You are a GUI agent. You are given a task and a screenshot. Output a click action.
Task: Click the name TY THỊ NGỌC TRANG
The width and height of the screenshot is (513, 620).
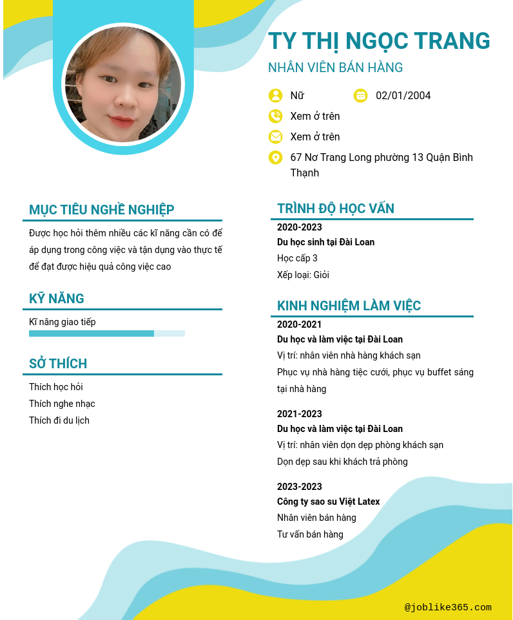[379, 41]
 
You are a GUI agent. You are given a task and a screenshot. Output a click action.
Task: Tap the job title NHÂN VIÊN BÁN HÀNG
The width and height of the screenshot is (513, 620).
[335, 68]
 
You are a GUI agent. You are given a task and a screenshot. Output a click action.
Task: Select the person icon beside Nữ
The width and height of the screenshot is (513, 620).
[276, 96]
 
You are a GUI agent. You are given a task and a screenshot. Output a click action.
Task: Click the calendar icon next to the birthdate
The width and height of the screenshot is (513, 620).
[361, 96]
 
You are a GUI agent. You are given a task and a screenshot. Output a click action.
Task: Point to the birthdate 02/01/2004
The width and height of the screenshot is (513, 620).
[403, 96]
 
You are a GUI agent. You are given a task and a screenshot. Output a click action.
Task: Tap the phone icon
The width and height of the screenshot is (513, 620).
[276, 117]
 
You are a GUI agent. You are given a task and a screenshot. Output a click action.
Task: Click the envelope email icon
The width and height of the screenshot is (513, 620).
[276, 137]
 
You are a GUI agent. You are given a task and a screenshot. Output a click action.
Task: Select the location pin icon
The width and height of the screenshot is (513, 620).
[276, 158]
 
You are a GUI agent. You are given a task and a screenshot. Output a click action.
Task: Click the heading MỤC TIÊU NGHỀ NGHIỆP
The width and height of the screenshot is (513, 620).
[102, 210]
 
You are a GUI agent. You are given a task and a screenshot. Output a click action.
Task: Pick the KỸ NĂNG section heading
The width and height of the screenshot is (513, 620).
[57, 299]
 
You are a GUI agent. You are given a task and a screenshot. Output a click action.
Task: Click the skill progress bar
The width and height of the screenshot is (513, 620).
[107, 333]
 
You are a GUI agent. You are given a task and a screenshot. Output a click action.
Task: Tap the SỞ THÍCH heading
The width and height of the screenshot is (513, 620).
[58, 364]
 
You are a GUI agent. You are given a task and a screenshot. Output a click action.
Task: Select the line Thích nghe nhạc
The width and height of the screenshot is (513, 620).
[62, 404]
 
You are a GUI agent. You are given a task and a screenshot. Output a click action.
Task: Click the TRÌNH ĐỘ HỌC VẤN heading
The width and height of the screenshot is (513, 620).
[336, 209]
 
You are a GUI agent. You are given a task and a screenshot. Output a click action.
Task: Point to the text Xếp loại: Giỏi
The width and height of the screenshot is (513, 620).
[303, 275]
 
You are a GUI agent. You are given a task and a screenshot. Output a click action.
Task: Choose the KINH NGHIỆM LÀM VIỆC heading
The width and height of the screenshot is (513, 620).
[349, 306]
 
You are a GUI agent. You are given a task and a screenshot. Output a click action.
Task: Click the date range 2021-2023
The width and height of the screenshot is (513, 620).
[300, 414]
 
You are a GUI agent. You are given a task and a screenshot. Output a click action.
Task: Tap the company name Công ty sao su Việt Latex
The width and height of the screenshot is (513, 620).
[329, 502]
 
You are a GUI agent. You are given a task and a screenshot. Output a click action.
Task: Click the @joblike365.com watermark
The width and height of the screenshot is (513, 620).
[448, 607]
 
